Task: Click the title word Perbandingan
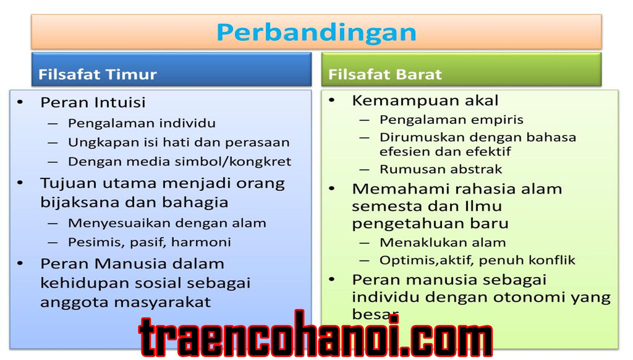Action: pos(316,33)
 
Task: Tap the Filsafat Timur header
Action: pos(97,74)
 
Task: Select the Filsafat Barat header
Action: pos(385,74)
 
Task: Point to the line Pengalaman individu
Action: pos(142,123)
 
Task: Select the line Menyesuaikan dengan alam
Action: pos(167,223)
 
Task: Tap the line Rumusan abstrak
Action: pos(440,169)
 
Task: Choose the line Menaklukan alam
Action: pos(442,243)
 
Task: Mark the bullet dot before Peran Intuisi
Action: pos(20,102)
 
